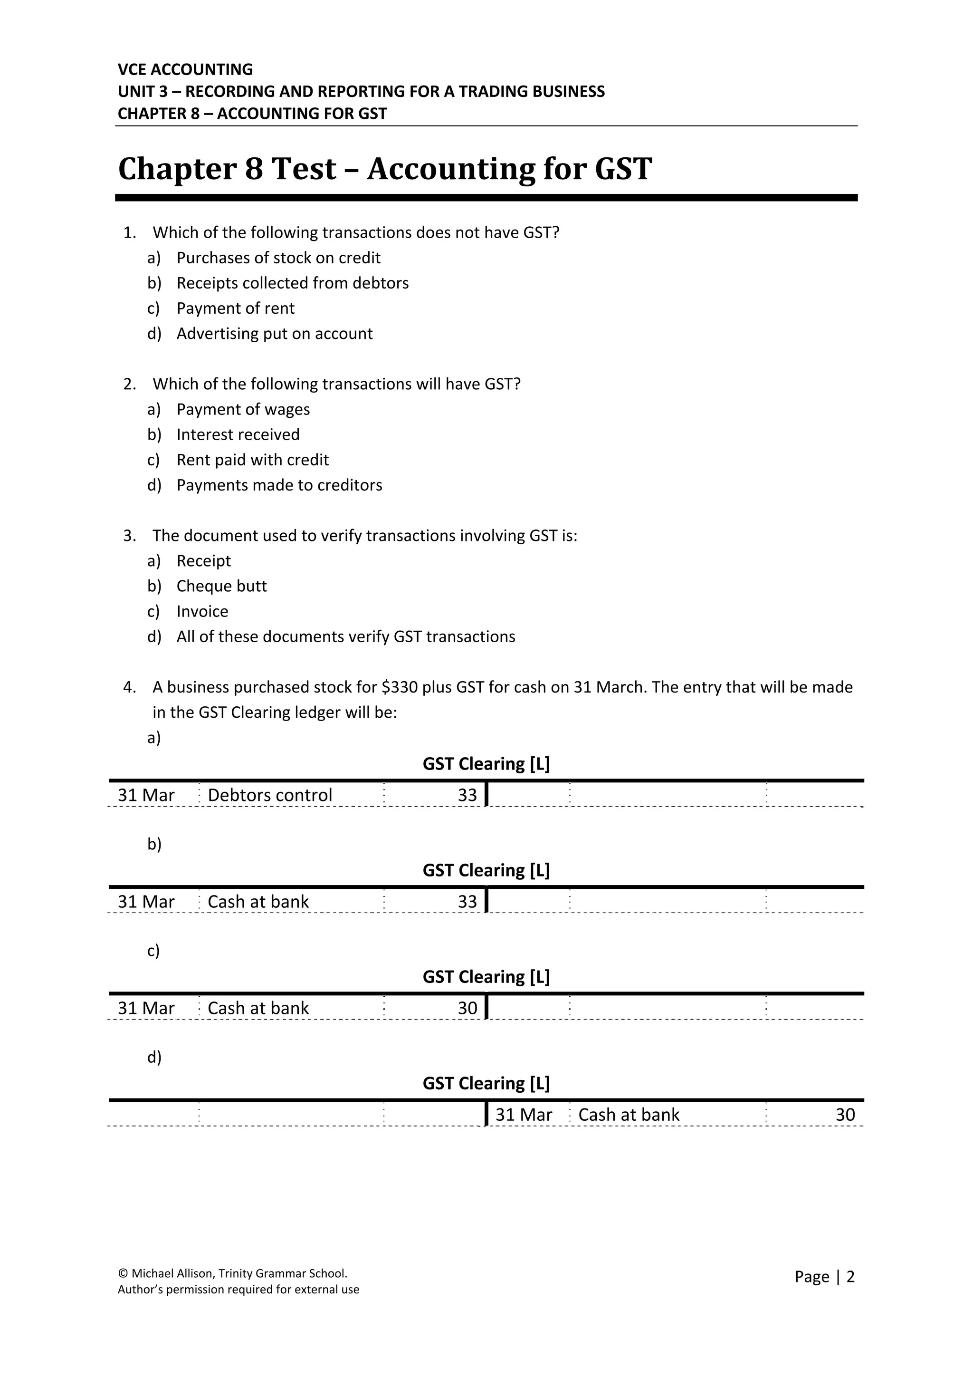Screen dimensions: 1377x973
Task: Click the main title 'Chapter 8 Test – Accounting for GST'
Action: pos(384,169)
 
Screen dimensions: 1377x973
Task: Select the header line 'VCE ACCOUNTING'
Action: pos(185,69)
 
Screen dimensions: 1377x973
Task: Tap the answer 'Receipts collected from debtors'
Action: pos(292,283)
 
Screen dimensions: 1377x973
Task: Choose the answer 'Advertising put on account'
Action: pos(274,334)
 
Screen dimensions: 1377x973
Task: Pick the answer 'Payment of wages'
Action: pos(243,409)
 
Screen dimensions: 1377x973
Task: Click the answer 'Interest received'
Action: pos(238,434)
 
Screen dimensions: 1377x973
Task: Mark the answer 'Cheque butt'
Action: pos(221,586)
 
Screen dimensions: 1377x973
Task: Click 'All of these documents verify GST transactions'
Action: pos(345,636)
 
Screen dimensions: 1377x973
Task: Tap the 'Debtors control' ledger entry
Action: pos(269,795)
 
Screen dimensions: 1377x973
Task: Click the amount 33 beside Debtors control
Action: pos(467,795)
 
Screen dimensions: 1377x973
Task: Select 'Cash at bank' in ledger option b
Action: pos(258,902)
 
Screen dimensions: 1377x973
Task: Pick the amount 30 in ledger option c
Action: pos(467,1008)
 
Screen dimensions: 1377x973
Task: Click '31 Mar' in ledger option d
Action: pos(523,1115)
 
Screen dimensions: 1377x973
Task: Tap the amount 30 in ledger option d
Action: pos(845,1115)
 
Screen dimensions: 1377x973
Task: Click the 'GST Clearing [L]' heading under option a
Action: pos(486,764)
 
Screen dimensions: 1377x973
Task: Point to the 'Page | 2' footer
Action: pos(824,1294)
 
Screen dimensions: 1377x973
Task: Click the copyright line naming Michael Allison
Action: pos(233,1290)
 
